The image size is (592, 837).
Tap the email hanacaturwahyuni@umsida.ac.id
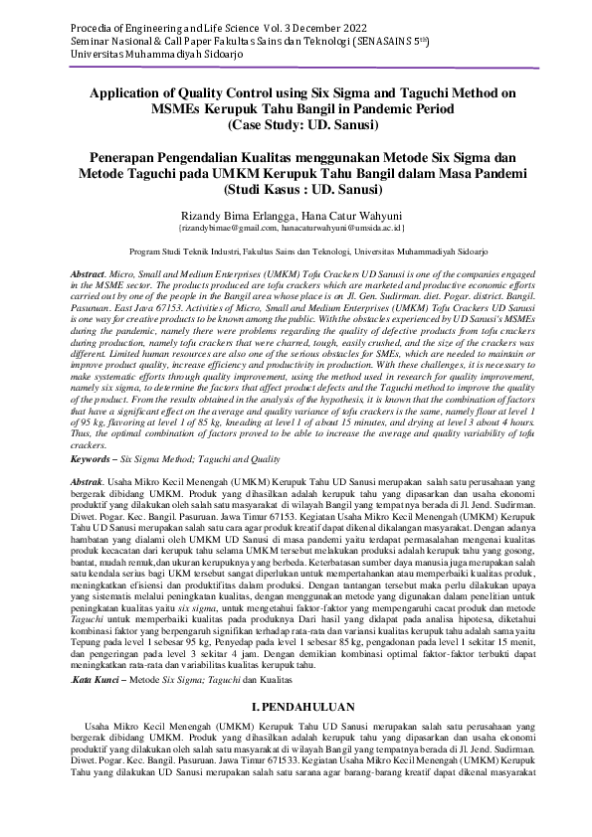point(353,228)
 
